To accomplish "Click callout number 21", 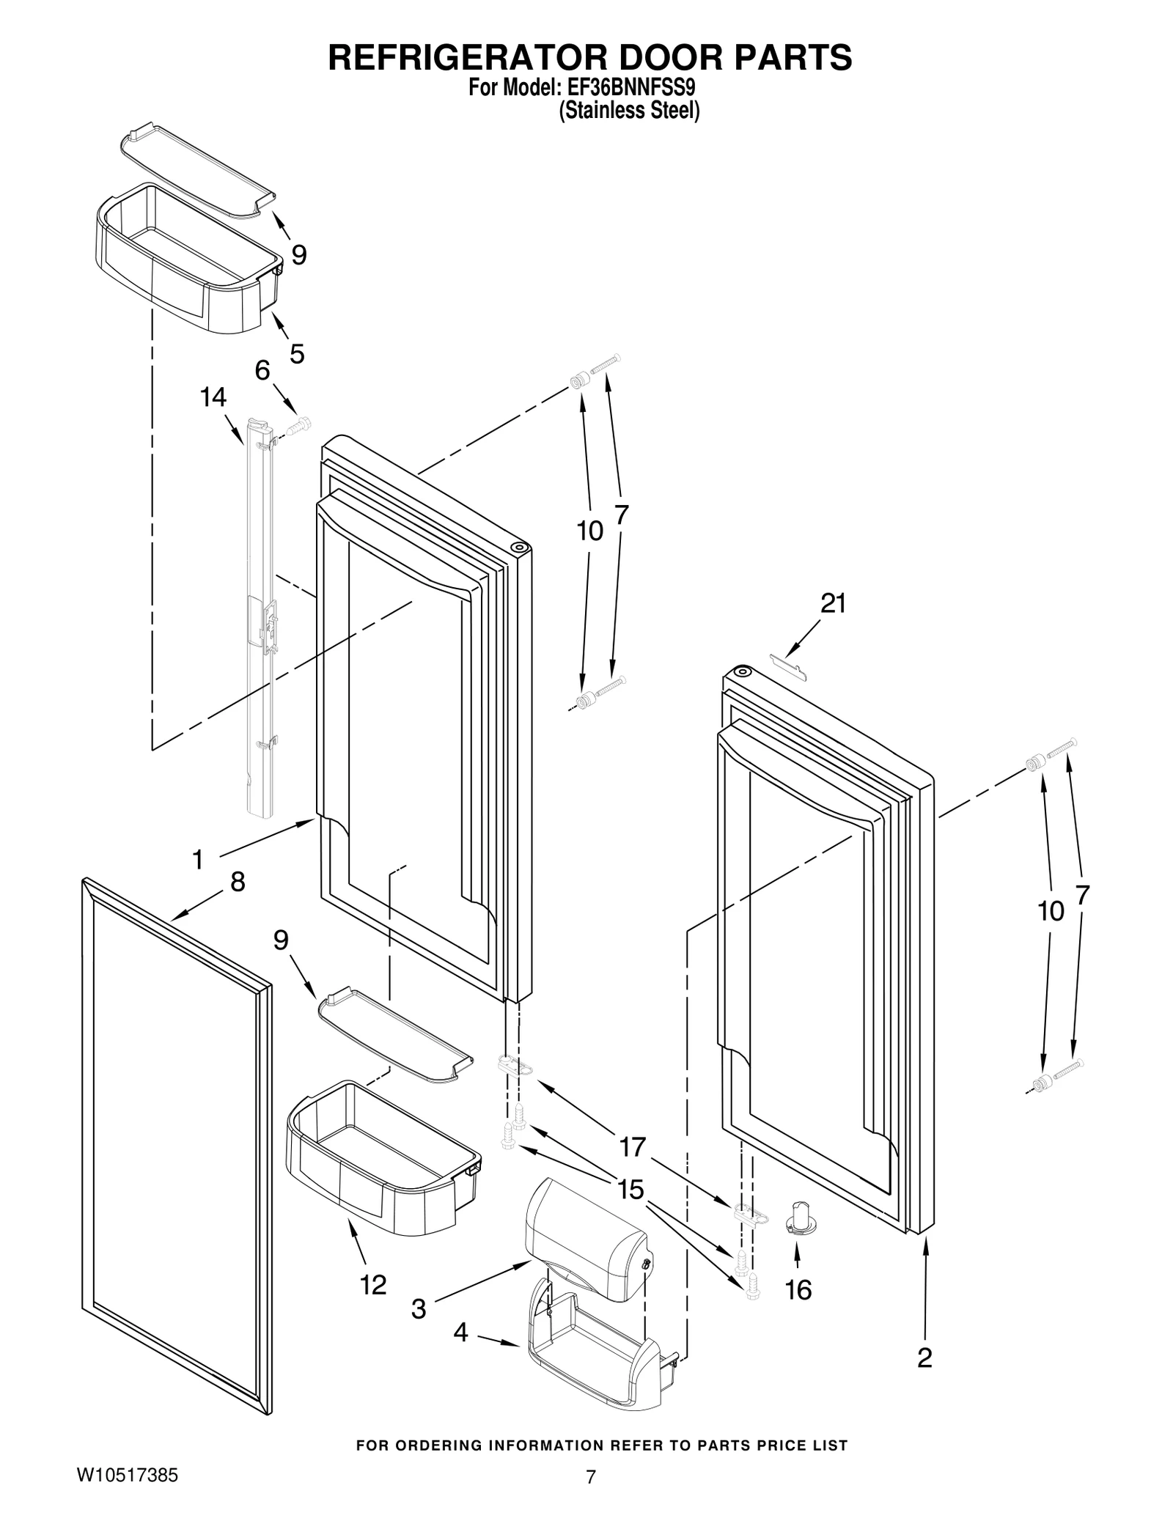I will pyautogui.click(x=833, y=603).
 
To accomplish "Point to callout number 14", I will pyautogui.click(x=213, y=397).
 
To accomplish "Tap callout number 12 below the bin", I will pyautogui.click(x=372, y=1284).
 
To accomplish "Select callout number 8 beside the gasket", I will pyautogui.click(x=237, y=882).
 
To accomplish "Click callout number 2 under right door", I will pyautogui.click(x=924, y=1357).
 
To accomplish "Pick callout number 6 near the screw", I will pyautogui.click(x=262, y=370).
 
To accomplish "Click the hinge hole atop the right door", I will pyautogui.click(x=742, y=671).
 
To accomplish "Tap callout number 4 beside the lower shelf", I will pyautogui.click(x=460, y=1332).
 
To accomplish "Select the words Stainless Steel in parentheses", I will pyautogui.click(x=629, y=111).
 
